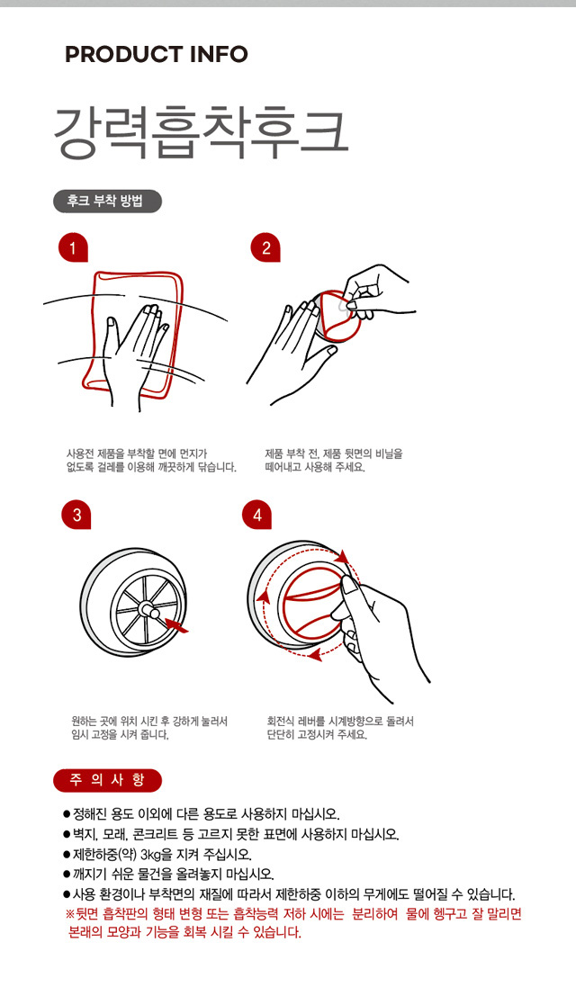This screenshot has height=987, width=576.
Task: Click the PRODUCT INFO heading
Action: (157, 54)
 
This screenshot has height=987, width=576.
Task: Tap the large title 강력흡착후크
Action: (201, 131)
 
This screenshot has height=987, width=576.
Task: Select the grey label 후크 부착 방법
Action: (106, 202)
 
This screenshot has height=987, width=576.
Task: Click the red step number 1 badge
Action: (72, 248)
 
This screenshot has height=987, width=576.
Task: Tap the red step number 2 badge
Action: (265, 248)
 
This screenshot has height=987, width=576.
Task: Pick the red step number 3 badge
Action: (76, 515)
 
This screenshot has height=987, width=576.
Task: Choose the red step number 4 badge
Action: (256, 515)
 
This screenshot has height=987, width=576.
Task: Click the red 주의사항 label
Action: (108, 781)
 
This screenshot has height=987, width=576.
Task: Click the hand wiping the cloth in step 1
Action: (135, 346)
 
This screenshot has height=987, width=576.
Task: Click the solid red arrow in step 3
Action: (175, 624)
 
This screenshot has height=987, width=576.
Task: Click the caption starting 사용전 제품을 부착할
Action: (151, 460)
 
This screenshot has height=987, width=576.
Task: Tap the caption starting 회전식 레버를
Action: (340, 728)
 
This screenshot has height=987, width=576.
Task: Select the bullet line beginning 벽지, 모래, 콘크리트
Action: (231, 835)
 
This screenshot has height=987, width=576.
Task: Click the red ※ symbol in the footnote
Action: (70, 914)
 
